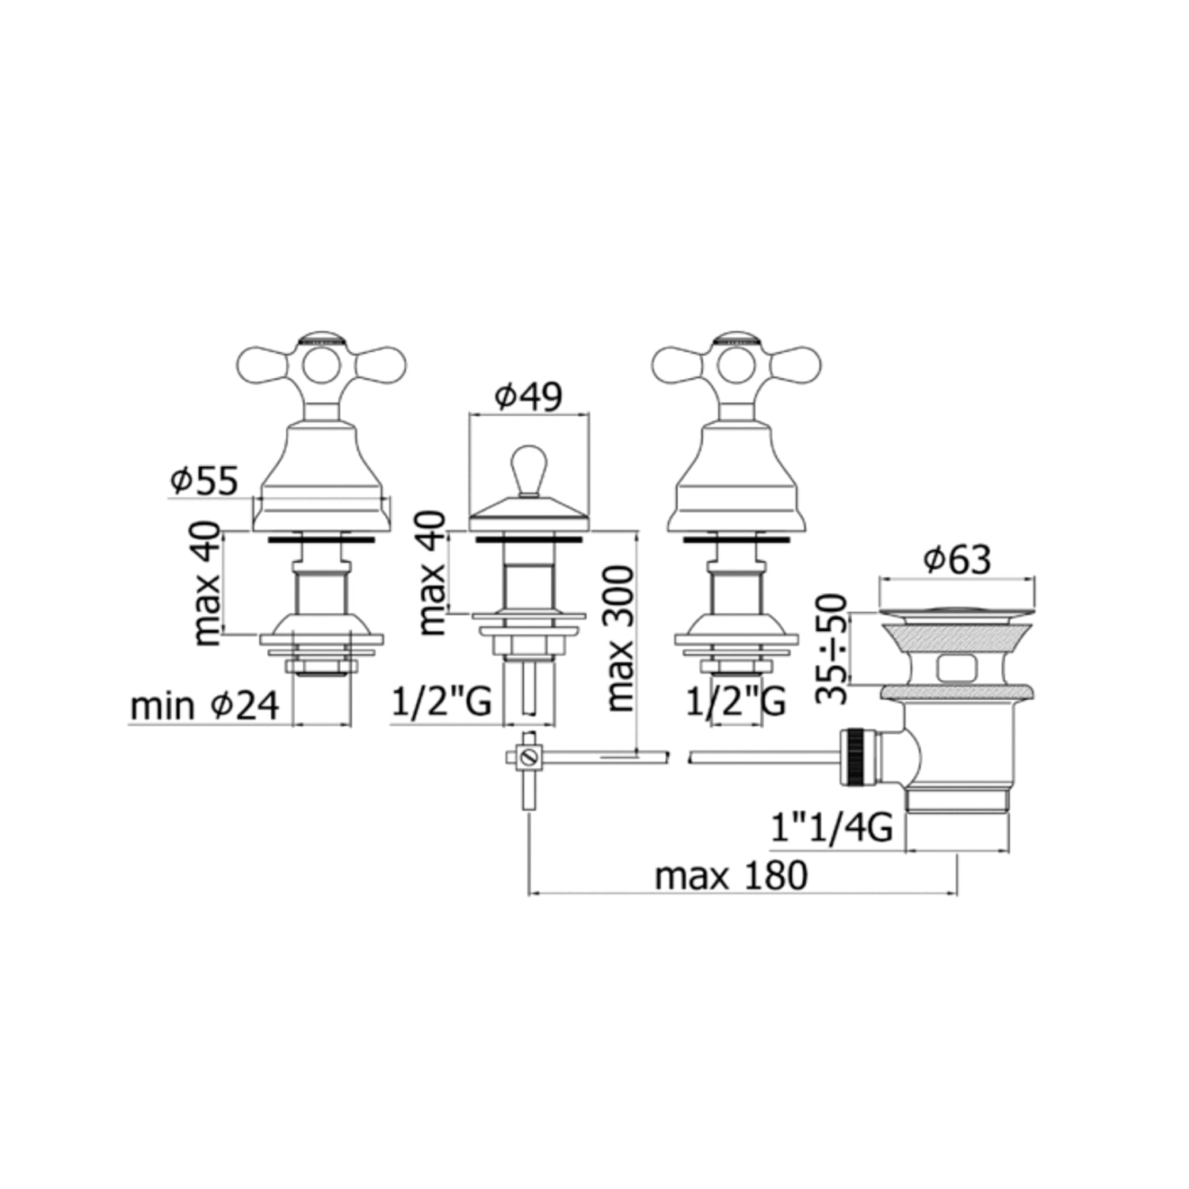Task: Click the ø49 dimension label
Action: pyautogui.click(x=529, y=396)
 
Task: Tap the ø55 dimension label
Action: pyautogui.click(x=204, y=481)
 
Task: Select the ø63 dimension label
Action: pyautogui.click(x=958, y=560)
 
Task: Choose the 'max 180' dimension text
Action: pyautogui.click(x=731, y=876)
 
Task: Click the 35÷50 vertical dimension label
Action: pyautogui.click(x=832, y=648)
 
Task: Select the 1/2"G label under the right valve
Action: pyautogui.click(x=736, y=702)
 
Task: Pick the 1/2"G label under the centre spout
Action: pyautogui.click(x=443, y=702)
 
